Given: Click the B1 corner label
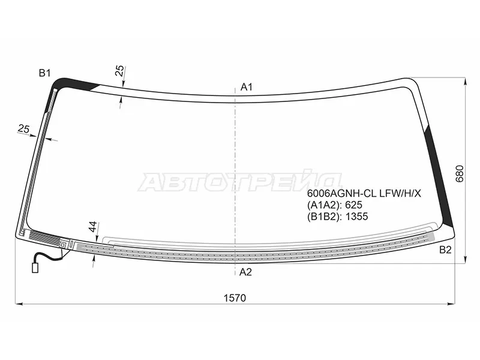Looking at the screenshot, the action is click(x=44, y=73).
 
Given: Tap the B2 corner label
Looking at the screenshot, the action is click(x=445, y=250).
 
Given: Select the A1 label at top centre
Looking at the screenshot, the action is click(x=247, y=87).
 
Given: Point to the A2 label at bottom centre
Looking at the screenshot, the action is click(x=245, y=272).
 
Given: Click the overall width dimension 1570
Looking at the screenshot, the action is click(x=235, y=298).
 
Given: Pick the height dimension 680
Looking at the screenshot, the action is click(x=460, y=174).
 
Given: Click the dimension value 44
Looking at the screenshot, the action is click(x=93, y=227).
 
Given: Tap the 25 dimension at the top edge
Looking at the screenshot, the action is click(x=121, y=71).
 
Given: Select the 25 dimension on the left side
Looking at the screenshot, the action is click(x=23, y=129).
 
